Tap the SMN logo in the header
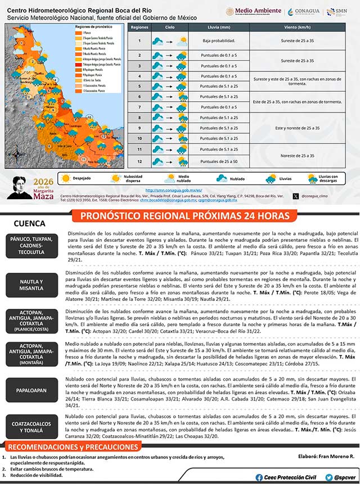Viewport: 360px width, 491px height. [x=340, y=11]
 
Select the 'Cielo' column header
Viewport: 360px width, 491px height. [x=169, y=27]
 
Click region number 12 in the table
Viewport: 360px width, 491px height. [x=139, y=161]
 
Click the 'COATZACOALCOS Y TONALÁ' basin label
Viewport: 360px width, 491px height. [x=31, y=427]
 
